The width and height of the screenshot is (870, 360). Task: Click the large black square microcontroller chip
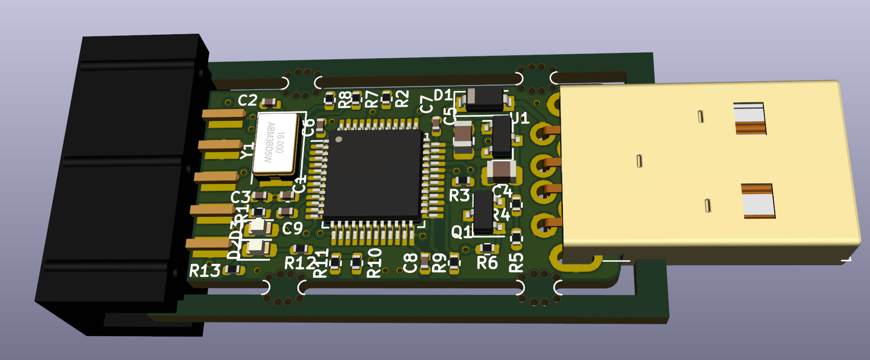coord(375,174)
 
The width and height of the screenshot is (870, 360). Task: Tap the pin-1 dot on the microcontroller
coord(339,140)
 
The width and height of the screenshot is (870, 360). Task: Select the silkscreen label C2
coord(247,101)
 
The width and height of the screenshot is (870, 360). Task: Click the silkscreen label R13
coord(204,270)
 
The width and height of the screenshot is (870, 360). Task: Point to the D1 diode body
coord(484,98)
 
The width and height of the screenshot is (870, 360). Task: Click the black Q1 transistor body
coord(483,213)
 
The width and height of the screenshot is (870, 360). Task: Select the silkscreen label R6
coord(487,263)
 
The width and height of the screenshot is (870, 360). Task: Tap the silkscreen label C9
coord(292,228)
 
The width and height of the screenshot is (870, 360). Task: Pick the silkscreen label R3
coord(459,195)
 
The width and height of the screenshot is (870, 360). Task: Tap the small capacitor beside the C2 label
coord(269,103)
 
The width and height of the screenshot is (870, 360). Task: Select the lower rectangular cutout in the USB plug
coord(758,201)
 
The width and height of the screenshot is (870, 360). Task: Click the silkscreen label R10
coord(374,263)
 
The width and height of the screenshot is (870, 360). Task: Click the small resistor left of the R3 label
coord(463,180)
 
